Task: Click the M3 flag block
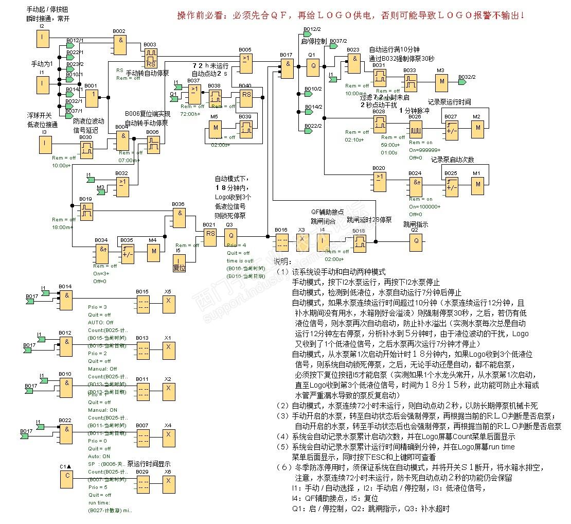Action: [x=441, y=82]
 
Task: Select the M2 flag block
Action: [x=478, y=128]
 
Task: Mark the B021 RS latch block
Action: [x=210, y=235]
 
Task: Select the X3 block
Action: [x=302, y=241]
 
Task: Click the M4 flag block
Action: [x=153, y=252]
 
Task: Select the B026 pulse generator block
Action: [x=415, y=128]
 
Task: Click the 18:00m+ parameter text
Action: [x=62, y=227]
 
